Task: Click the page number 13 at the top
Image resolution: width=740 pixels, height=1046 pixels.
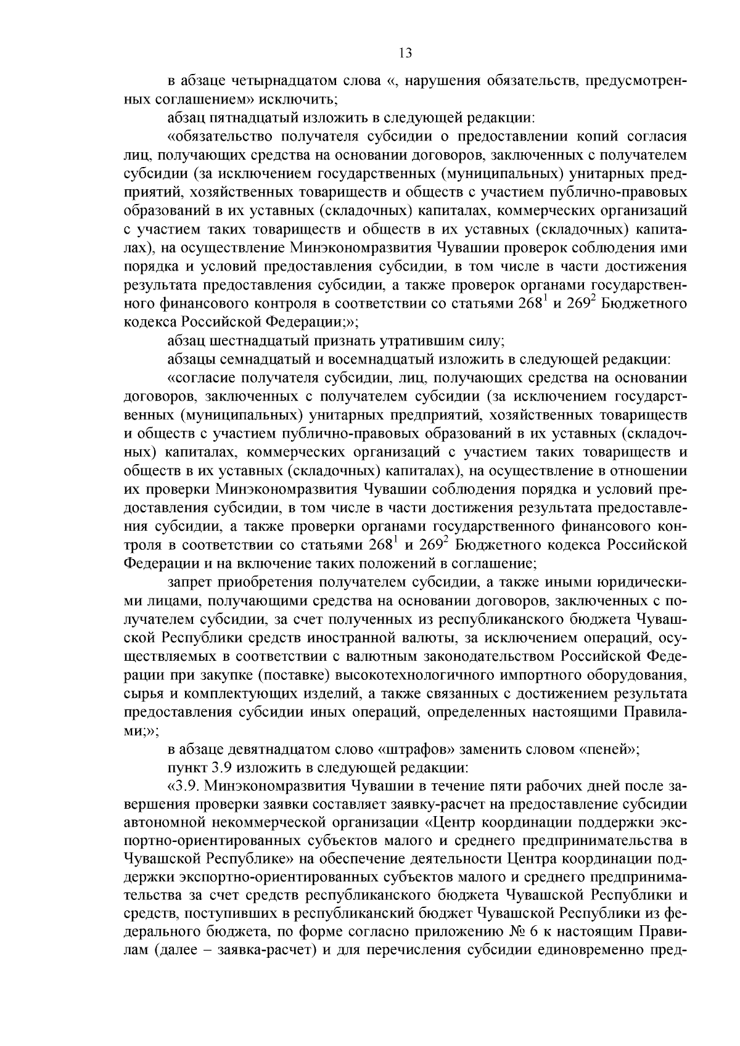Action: pos(405,53)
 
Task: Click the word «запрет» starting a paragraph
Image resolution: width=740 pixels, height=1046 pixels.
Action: pos(187,581)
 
